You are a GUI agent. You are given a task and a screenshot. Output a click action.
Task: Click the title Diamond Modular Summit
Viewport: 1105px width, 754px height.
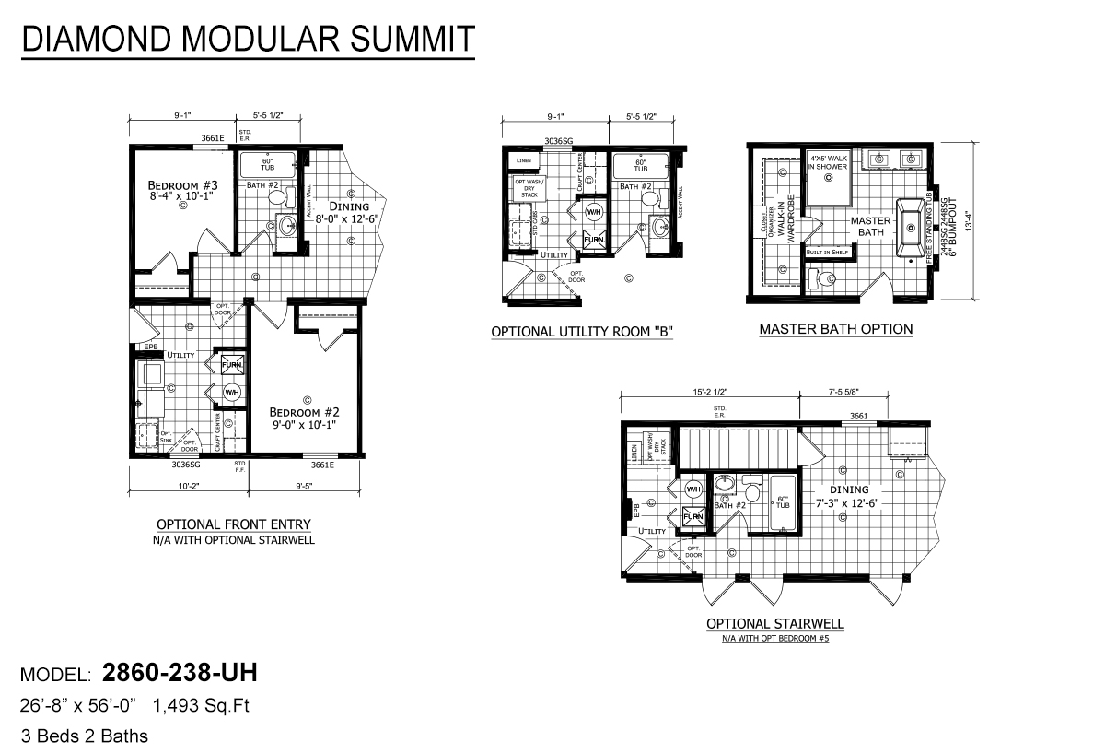(x=248, y=40)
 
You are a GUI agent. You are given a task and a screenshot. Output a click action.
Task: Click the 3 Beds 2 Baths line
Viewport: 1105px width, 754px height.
(x=85, y=736)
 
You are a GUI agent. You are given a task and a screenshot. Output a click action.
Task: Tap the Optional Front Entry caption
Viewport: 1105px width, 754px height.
(x=234, y=524)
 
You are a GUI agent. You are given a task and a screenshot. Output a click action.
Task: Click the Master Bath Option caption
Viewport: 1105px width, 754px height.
(x=835, y=329)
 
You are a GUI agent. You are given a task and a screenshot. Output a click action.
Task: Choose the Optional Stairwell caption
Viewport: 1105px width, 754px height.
(x=774, y=624)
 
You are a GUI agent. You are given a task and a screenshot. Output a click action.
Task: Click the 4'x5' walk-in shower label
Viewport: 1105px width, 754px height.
(x=828, y=163)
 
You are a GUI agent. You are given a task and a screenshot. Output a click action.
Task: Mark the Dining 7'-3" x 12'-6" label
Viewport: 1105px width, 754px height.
(x=848, y=496)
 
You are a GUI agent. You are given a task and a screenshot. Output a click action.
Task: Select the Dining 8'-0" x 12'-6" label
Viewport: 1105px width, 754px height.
(x=347, y=213)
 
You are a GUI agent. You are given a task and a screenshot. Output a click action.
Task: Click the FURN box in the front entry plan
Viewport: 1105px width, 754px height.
(x=230, y=364)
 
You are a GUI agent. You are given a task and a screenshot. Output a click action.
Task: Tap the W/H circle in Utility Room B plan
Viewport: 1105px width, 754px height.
(x=594, y=211)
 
